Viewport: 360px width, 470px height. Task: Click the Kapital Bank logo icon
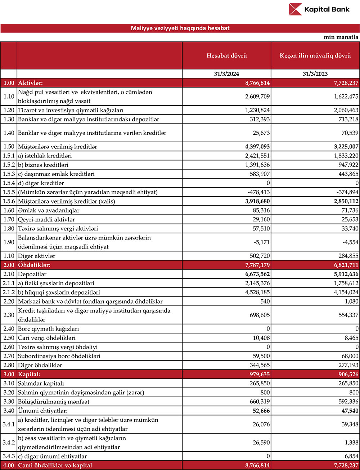coord(295,9)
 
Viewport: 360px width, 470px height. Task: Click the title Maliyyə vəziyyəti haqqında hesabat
coord(180,28)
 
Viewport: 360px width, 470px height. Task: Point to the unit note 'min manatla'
coord(341,37)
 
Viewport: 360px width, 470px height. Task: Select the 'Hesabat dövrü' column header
coord(226,55)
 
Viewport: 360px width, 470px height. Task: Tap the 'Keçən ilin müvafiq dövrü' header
coord(315,55)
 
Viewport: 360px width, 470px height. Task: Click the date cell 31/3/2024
coord(226,74)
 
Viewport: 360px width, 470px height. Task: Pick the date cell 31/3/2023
coord(315,74)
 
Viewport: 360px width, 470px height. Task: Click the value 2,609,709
coord(257,97)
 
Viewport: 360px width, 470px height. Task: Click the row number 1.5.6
coord(9,201)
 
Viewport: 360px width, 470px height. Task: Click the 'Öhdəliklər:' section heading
coord(34,265)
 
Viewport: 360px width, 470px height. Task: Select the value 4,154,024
coord(346,292)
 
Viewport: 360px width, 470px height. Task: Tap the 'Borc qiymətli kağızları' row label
coord(49,329)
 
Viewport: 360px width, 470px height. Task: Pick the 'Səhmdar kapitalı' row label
coord(41,384)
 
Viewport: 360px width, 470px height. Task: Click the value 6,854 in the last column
coord(351,456)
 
